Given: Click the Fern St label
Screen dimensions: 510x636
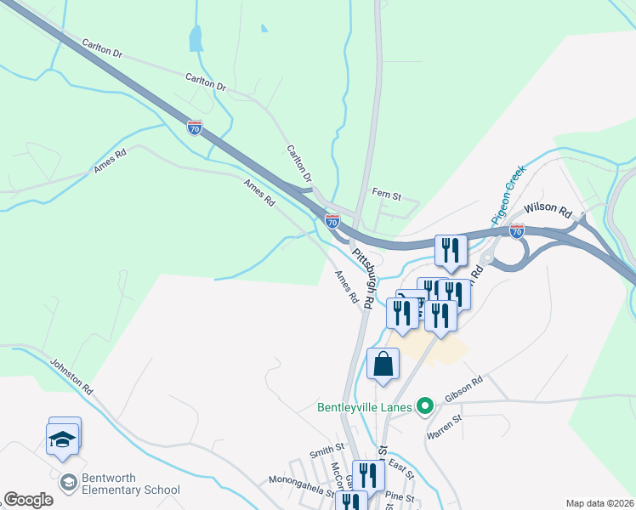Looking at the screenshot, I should pos(386,195).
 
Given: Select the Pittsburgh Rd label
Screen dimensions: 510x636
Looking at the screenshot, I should pos(364,279).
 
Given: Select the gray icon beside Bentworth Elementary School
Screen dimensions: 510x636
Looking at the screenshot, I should pos(68,483).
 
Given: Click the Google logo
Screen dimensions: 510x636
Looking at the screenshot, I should pos(28,500).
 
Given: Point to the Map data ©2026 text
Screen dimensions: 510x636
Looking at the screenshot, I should pos(599,503).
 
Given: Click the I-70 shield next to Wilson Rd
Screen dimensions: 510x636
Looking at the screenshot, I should pos(516,230).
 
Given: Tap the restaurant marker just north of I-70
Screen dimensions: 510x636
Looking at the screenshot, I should pos(451,250).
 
